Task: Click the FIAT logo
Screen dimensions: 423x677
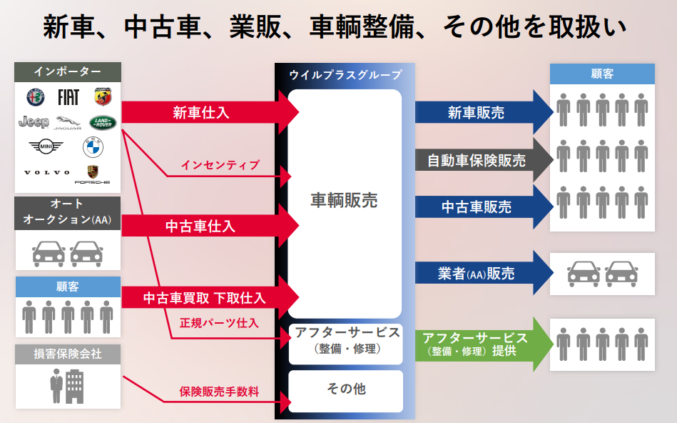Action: click(68, 96)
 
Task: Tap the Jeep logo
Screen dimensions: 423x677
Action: click(34, 121)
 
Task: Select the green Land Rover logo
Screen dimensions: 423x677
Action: click(102, 122)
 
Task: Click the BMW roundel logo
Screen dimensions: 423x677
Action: click(93, 147)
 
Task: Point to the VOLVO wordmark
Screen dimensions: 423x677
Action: click(47, 172)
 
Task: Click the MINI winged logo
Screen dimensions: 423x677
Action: click(46, 147)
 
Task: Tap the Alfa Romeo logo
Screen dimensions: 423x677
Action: click(35, 96)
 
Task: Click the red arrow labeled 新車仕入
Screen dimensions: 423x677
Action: click(207, 112)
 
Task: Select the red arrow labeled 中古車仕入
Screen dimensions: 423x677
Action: click(207, 226)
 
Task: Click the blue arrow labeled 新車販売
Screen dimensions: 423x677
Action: click(482, 112)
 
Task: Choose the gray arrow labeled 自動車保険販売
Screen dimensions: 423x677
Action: click(482, 159)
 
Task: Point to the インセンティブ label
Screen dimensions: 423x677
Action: click(220, 165)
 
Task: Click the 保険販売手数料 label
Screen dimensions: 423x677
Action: click(219, 392)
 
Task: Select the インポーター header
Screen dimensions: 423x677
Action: click(68, 71)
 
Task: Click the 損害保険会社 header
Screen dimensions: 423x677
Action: click(68, 354)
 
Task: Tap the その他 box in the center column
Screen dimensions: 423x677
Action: click(346, 389)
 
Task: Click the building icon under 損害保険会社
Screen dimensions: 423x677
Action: click(67, 387)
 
